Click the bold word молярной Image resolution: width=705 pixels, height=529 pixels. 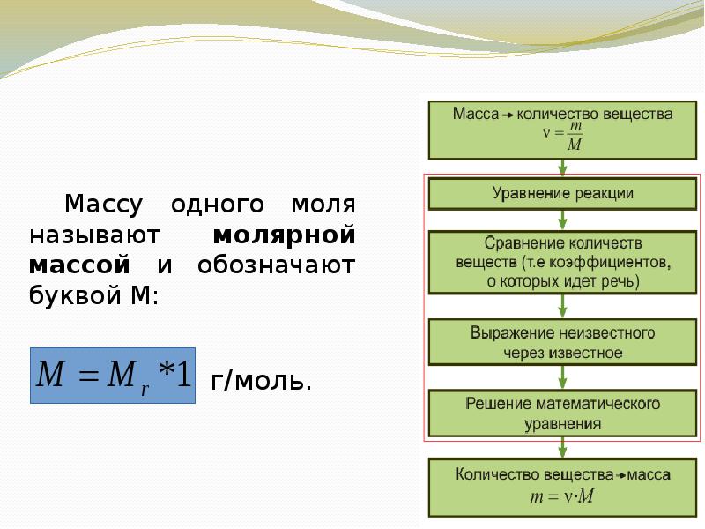284,235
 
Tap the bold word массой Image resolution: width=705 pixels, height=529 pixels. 79,264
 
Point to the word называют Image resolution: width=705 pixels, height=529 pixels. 93,235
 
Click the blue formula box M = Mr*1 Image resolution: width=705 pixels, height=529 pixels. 113,376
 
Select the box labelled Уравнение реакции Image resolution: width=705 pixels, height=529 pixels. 562,193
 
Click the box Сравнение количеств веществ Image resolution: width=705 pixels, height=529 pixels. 562,262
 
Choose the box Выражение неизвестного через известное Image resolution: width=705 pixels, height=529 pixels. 562,342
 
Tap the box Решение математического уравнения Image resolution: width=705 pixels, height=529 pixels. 562,414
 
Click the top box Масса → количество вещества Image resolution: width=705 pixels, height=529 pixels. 562,129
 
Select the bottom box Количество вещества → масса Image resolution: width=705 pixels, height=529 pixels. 562,486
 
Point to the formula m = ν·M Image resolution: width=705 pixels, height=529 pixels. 562,495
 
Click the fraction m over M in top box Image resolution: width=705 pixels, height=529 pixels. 574,138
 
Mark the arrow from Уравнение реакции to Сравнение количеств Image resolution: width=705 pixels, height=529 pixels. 562,220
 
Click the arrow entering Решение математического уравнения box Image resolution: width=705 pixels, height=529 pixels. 562,379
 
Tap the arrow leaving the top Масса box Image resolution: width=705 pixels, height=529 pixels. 562,166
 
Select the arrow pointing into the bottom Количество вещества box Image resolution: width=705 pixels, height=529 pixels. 562,447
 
